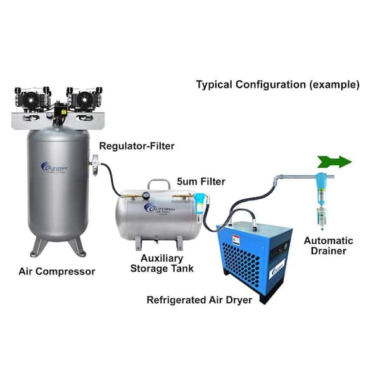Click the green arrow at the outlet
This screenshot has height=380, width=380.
click(x=335, y=162)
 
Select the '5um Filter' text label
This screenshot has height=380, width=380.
click(x=202, y=181)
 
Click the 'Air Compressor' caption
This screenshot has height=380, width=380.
click(x=56, y=272)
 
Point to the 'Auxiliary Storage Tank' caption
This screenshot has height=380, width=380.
click(x=161, y=263)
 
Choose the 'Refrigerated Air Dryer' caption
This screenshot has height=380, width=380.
click(x=201, y=299)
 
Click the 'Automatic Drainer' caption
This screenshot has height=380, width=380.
click(x=329, y=247)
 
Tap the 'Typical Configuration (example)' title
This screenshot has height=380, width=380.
click(x=277, y=84)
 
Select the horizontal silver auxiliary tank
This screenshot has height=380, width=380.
click(x=158, y=212)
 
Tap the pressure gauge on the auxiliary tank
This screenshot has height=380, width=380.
click(x=147, y=187)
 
